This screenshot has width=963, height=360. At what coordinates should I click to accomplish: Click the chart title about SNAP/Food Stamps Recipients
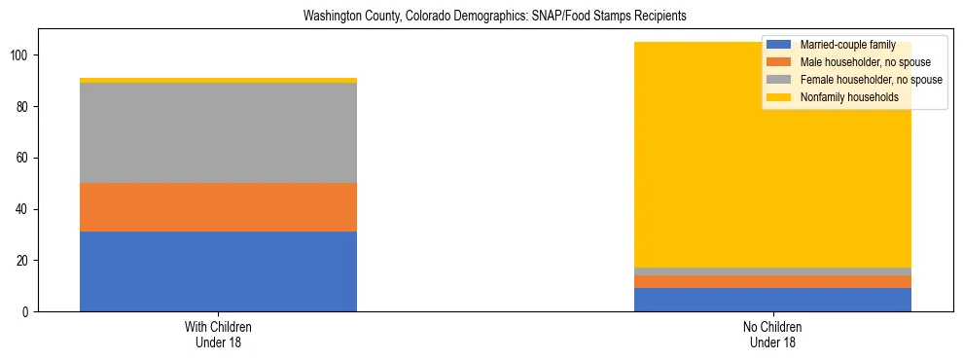481,16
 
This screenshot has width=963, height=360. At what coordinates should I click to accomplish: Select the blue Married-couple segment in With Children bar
218,271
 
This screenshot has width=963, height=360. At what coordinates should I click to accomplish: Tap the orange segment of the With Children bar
218,207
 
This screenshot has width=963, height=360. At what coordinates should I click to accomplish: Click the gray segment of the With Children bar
218,132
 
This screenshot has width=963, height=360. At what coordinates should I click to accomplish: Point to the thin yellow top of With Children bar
218,81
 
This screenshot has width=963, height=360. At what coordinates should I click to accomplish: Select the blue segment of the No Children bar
772,300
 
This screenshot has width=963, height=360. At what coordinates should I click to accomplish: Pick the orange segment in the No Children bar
772,282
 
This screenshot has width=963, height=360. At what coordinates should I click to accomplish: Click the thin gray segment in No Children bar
772,271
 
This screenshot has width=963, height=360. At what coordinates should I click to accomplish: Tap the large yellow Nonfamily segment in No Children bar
681,156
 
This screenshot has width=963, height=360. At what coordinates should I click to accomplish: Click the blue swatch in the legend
779,45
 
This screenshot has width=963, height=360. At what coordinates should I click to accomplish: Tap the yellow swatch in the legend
779,97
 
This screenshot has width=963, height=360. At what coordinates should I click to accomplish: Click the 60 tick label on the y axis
26,158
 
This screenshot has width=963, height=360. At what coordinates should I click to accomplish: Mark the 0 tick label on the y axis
29,312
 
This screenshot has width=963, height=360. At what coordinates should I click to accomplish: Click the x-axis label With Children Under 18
218,335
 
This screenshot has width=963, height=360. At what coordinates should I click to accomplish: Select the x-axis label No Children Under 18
772,335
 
